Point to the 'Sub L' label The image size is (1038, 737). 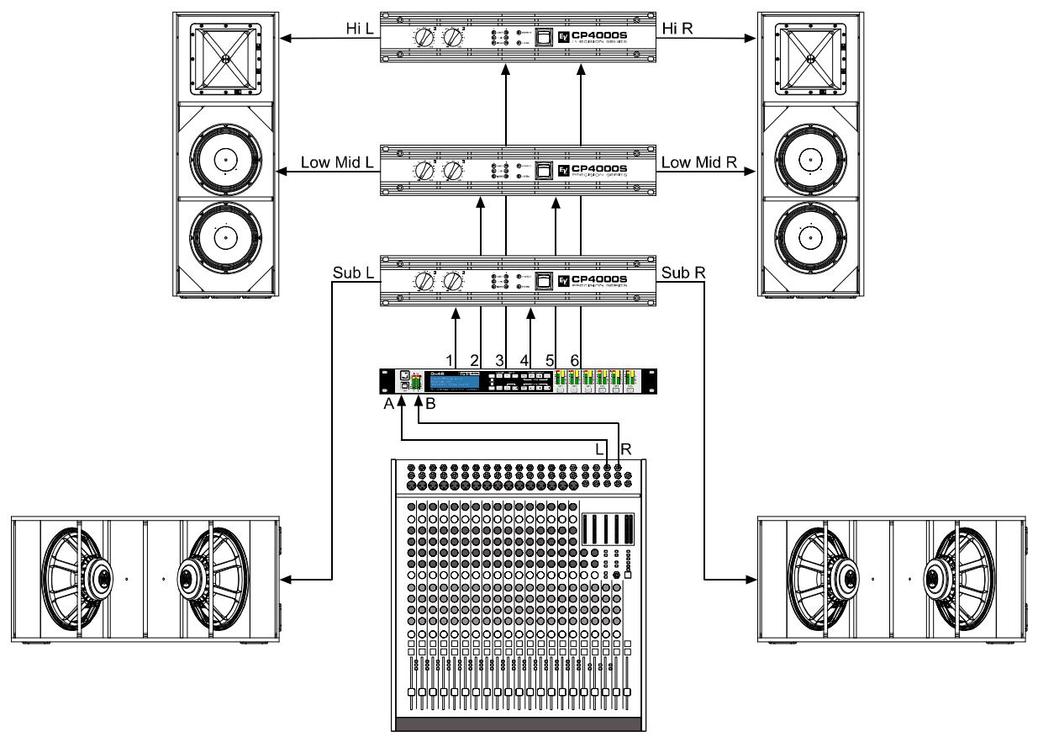tap(350, 273)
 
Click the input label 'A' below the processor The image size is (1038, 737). tap(389, 404)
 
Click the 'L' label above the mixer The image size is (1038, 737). tap(600, 450)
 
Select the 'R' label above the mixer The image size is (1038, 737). tap(625, 450)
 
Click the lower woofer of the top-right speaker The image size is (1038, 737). tap(811, 238)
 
